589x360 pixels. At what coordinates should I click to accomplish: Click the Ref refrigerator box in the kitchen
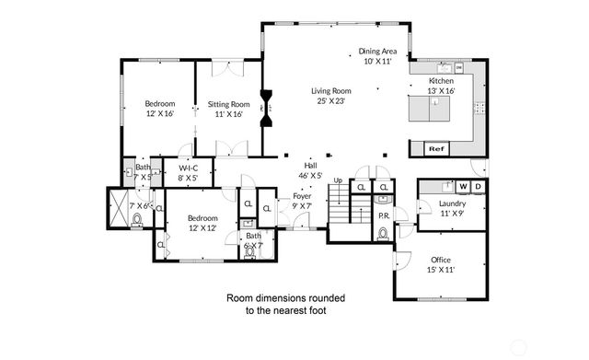[436, 148]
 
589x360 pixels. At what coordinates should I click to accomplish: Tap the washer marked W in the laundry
[464, 187]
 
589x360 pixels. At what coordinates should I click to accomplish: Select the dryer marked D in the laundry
[479, 187]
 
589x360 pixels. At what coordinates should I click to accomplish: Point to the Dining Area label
[377, 52]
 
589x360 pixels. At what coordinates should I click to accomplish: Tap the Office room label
[441, 261]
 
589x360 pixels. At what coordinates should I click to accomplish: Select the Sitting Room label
[228, 105]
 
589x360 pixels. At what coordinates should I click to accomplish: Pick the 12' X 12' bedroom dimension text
[202, 227]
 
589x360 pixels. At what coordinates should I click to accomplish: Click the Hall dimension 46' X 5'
[310, 175]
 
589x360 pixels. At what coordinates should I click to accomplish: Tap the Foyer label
[302, 196]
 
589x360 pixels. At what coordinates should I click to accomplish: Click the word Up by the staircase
[339, 180]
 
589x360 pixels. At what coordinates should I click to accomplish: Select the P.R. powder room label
[384, 215]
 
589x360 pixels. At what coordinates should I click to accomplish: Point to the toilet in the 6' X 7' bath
[250, 255]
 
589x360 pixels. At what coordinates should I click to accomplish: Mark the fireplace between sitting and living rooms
[267, 107]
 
